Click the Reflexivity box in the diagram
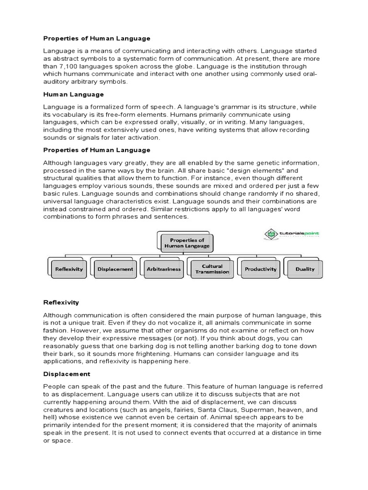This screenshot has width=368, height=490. [69, 269]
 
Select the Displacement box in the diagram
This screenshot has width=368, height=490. [115, 269]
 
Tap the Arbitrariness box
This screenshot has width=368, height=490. [164, 269]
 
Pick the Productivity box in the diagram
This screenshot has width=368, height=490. [261, 269]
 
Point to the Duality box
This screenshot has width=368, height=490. [305, 269]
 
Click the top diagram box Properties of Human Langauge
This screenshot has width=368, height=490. [184, 243]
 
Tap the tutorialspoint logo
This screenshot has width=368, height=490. [292, 234]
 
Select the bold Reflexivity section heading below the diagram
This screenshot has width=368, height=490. [61, 302]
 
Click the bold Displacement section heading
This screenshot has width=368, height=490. [67, 374]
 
